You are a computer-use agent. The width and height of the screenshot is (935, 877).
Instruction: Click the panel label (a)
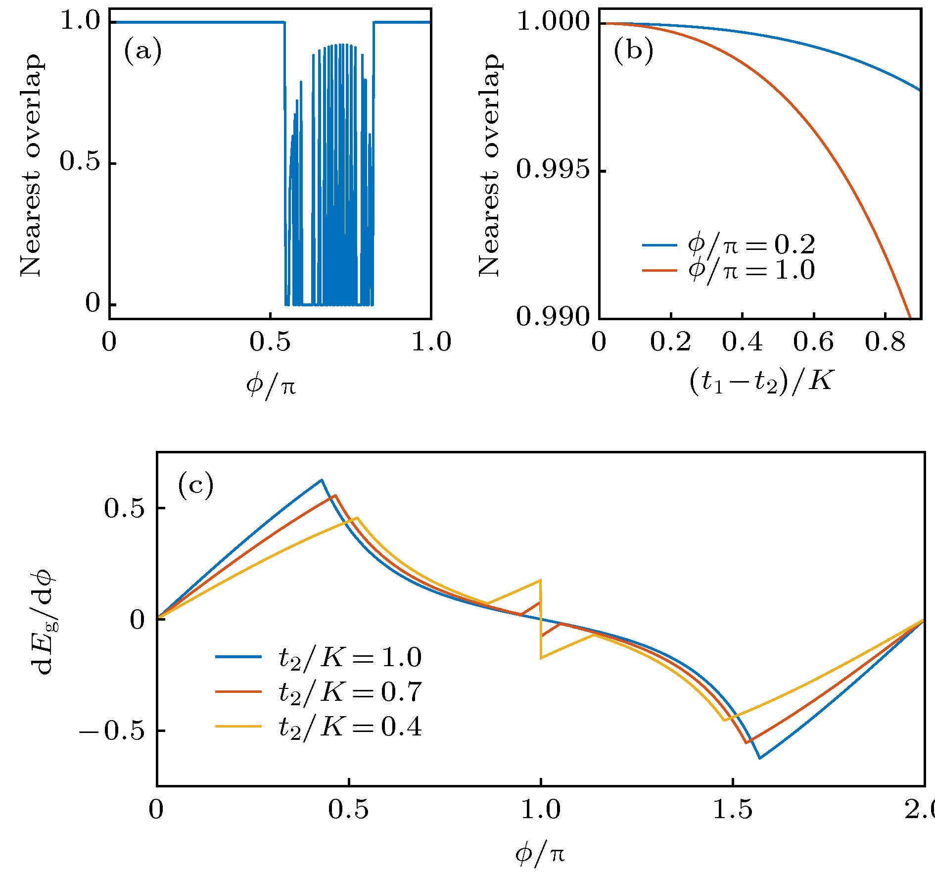coord(142,51)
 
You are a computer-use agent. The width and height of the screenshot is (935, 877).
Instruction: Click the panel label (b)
coord(633,51)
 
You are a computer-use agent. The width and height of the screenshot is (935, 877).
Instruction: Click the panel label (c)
coord(195,486)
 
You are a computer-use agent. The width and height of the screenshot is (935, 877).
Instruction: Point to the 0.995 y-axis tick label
coord(553,170)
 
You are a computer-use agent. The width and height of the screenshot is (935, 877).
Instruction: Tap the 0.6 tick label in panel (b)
coord(813,342)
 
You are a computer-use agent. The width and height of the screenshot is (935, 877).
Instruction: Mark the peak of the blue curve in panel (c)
coord(322,480)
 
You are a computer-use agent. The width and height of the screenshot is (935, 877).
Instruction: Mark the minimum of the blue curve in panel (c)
coord(760,758)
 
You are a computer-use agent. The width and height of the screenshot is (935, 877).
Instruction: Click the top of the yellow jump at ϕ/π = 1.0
coord(540,580)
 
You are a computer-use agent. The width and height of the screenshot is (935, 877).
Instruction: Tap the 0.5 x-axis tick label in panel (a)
coord(270,342)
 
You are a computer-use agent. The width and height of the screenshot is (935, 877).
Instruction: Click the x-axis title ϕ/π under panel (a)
coord(271,385)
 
